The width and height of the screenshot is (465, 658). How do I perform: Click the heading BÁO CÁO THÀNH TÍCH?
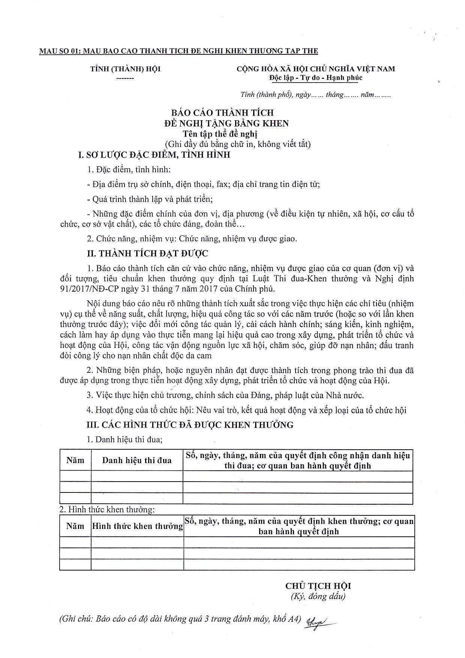222,112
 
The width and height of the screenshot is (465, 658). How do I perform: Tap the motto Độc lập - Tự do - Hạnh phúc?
315,78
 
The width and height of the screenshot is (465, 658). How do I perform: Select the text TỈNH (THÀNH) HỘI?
125,69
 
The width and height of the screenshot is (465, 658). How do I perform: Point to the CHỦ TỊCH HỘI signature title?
318,586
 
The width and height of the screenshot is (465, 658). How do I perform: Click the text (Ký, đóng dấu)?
318,596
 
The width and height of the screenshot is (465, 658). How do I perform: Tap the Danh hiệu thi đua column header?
137,460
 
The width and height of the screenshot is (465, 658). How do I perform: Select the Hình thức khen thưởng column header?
137,526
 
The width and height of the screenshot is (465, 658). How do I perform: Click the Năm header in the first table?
75,460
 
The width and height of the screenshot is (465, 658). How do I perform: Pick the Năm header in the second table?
75,526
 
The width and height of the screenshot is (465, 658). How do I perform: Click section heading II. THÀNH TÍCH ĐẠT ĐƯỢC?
147,254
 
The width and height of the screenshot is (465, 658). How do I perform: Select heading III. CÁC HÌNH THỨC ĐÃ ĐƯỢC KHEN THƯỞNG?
190,425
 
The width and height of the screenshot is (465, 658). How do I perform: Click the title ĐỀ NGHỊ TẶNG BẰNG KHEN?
226,123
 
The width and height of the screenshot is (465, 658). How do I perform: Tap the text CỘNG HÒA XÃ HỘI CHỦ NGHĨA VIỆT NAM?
315,69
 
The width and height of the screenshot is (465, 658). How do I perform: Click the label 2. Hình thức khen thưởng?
107,510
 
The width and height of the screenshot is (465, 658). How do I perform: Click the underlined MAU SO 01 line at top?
178,51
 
